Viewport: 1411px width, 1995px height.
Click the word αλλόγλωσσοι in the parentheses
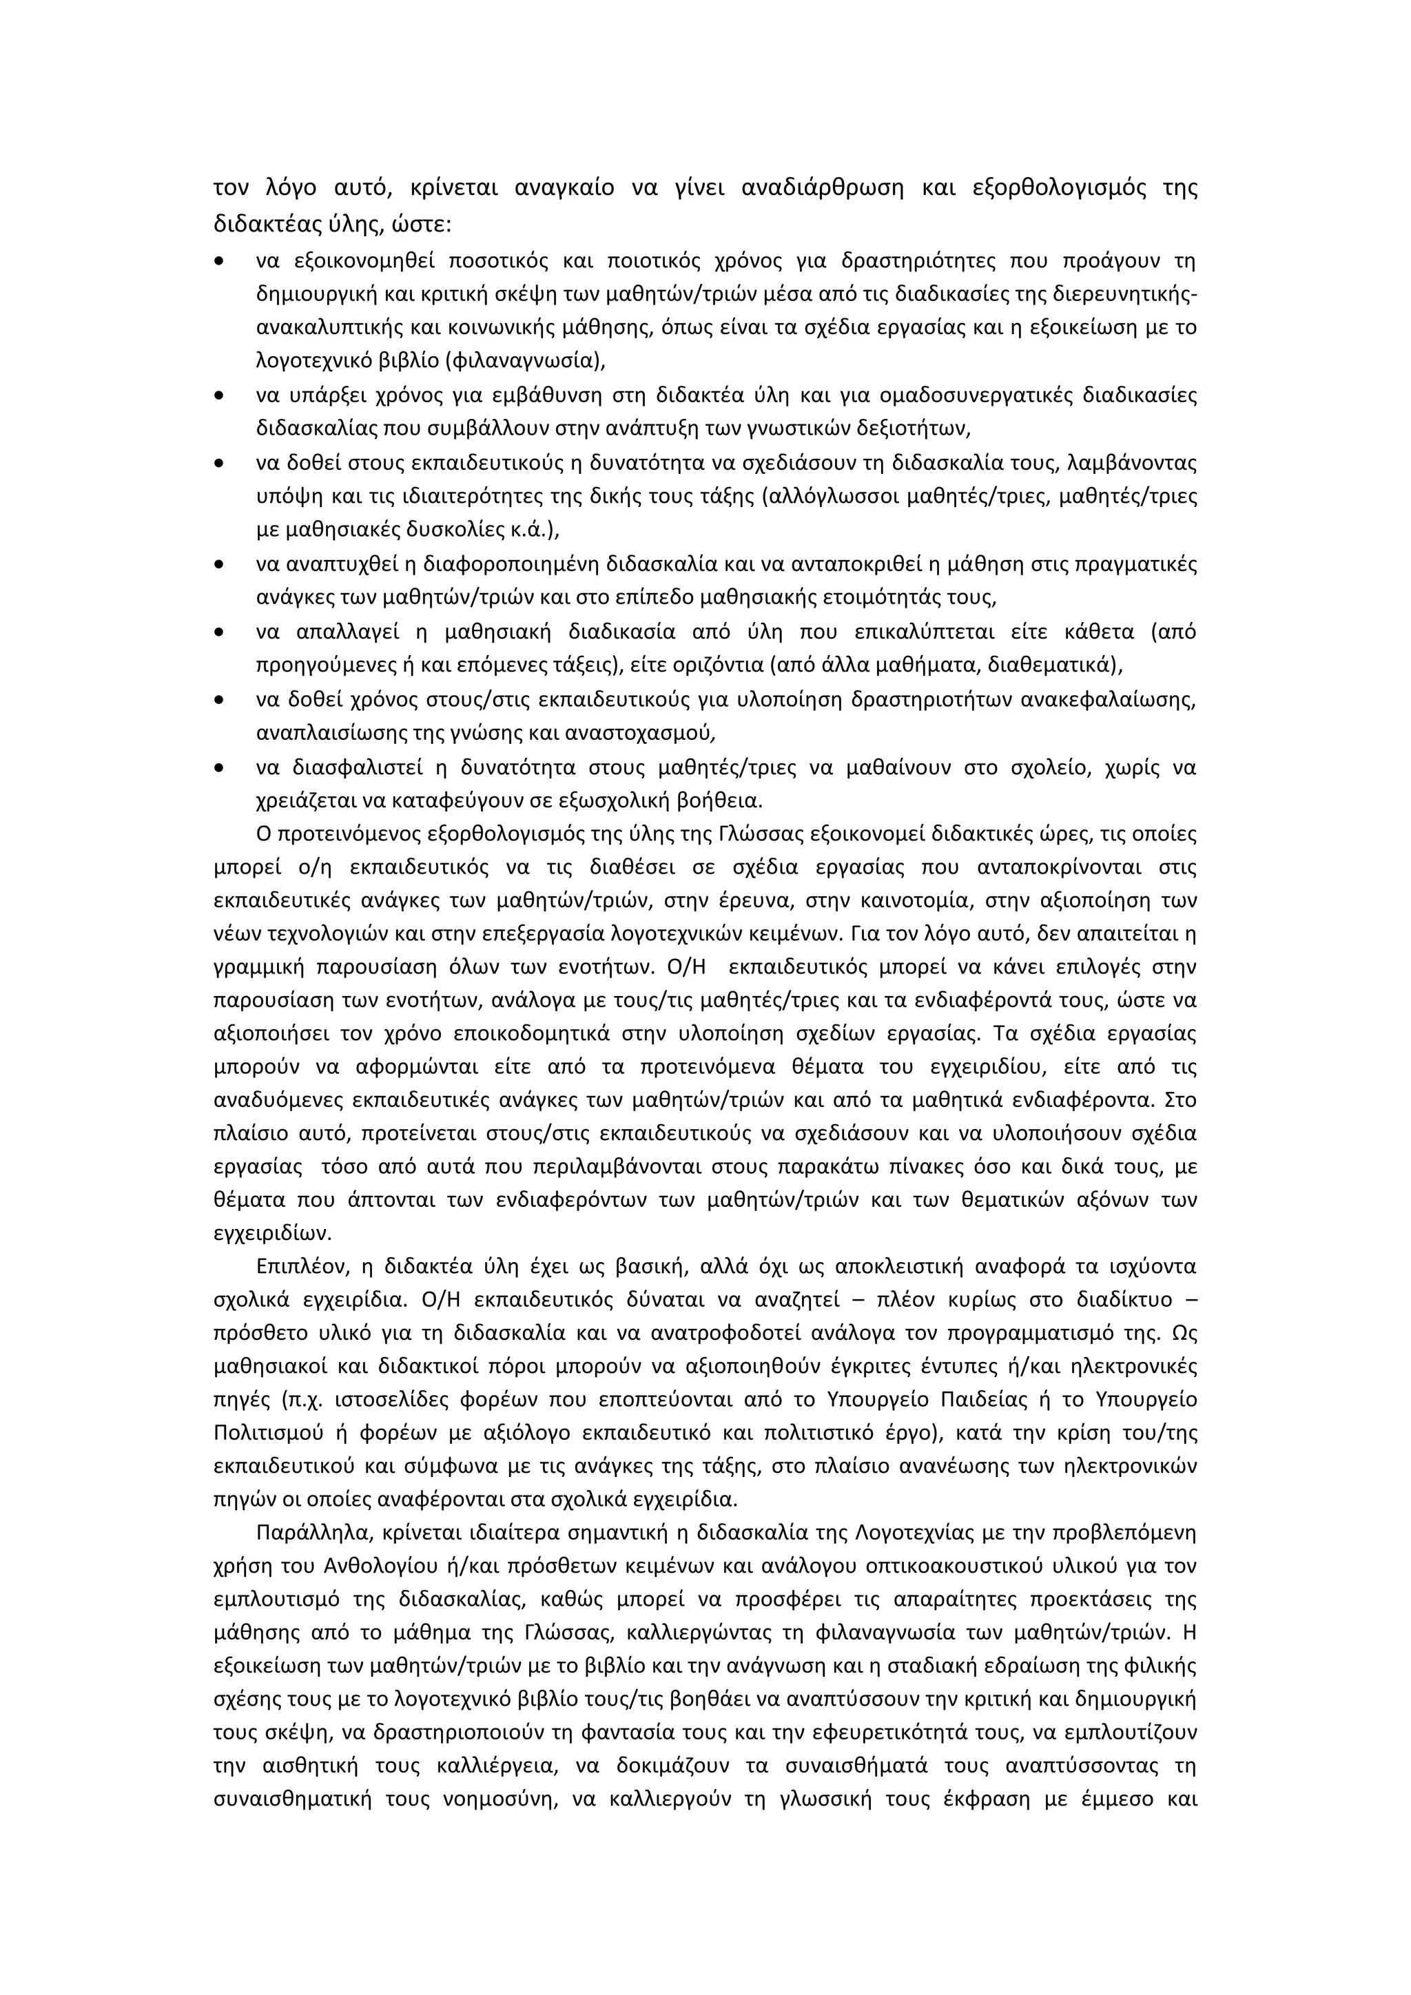(x=832, y=497)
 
